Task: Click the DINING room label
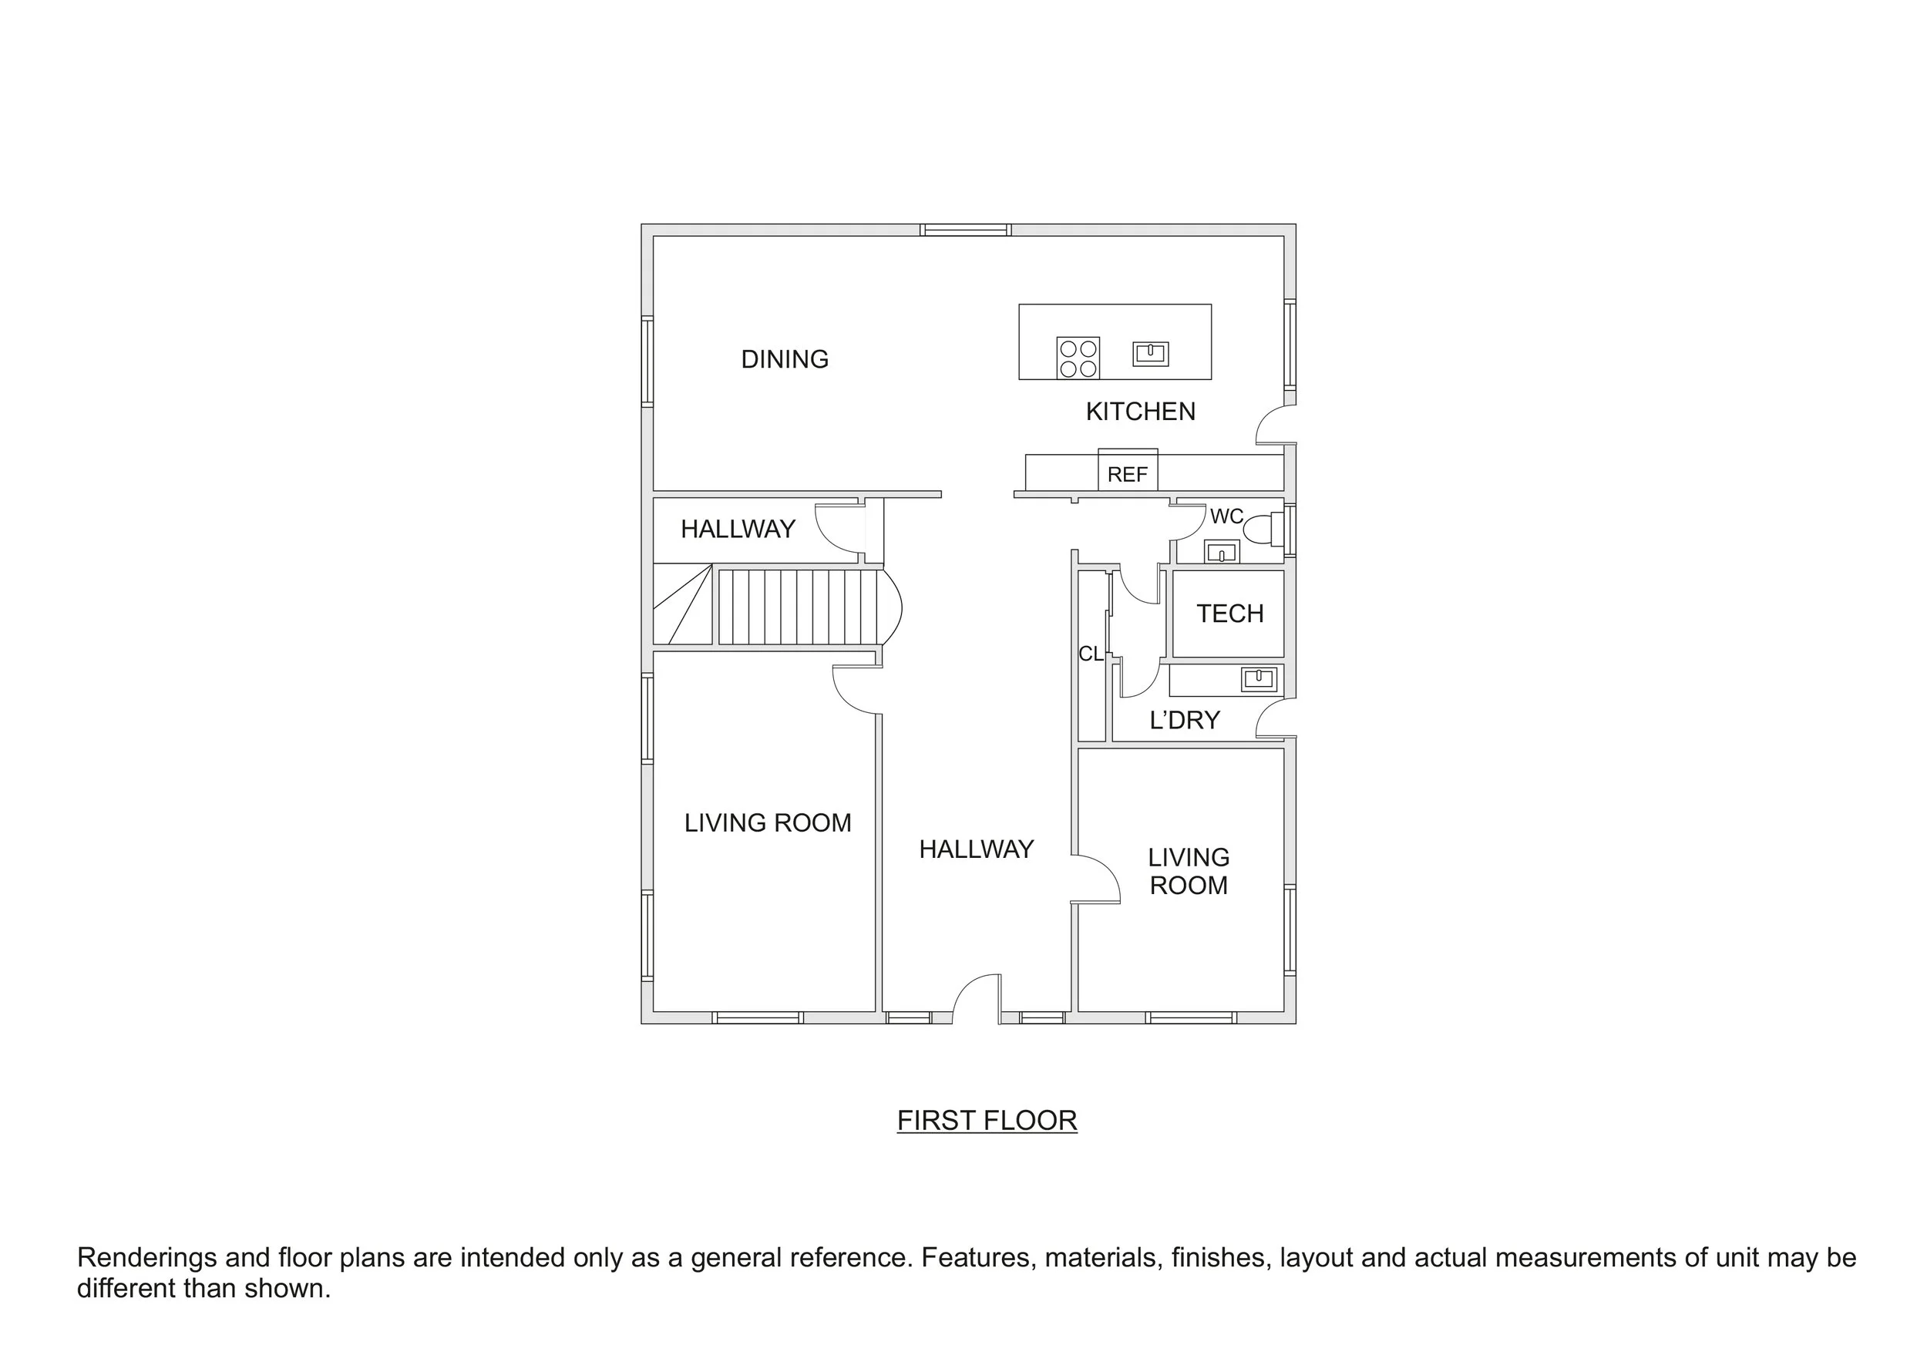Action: click(x=784, y=359)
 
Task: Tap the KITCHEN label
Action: click(x=1140, y=411)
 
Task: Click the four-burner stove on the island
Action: click(x=1078, y=358)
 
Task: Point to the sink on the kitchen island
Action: click(x=1150, y=353)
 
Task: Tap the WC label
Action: click(x=1226, y=516)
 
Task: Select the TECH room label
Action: click(x=1229, y=614)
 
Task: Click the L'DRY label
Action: click(x=1184, y=720)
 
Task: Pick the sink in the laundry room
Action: click(x=1258, y=678)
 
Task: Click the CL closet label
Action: click(x=1090, y=654)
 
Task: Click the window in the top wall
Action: click(x=964, y=230)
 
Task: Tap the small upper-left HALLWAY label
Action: click(x=738, y=529)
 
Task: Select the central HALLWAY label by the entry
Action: click(x=975, y=849)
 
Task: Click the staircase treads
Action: click(x=797, y=607)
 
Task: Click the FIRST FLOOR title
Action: click(x=986, y=1120)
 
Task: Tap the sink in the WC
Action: click(x=1221, y=552)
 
